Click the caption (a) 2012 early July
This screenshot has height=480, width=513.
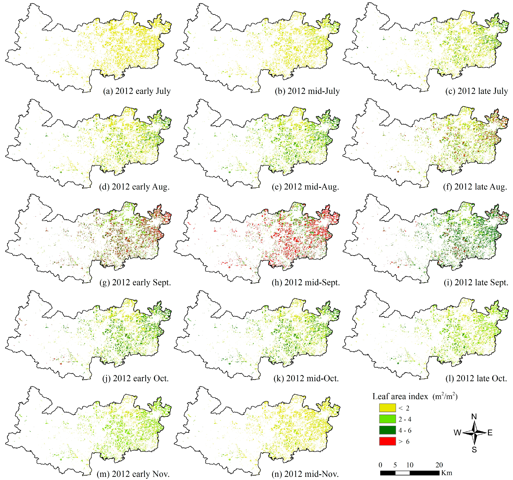tap(137, 91)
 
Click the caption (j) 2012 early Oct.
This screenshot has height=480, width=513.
tap(136, 378)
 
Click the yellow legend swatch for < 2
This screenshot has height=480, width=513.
tap(387, 408)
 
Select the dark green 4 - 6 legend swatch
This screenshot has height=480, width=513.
tap(387, 430)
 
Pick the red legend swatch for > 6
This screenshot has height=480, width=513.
tap(387, 441)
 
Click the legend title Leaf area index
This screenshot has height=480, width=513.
tap(400, 396)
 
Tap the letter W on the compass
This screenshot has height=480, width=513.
tap(457, 433)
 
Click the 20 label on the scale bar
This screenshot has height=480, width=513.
tap(439, 465)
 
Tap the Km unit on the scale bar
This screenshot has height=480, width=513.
tap(447, 473)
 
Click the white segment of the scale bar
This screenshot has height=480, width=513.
tap(402, 473)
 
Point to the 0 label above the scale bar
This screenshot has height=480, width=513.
tap(380, 465)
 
